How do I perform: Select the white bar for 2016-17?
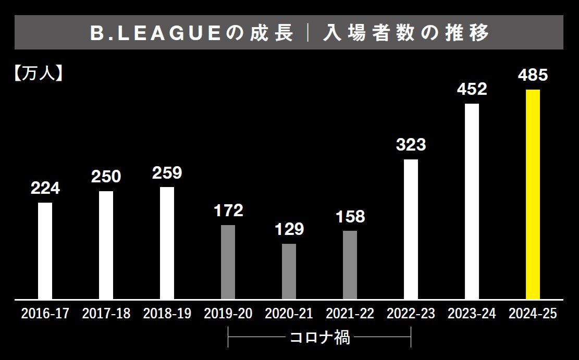coord(45,251)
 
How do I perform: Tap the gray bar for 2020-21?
coord(289,271)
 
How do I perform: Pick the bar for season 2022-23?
coord(411,229)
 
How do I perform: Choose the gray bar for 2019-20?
coord(228,262)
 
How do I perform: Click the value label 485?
coord(533,76)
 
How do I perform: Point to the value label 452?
coord(472,90)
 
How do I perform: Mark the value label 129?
coord(289,229)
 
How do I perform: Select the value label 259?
coord(167,173)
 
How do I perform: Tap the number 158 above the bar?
coord(350,217)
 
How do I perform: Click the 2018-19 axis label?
coord(167,314)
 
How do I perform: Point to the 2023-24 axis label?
coord(472,314)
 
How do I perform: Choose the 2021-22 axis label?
coord(350,314)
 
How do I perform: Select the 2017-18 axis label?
coord(106,314)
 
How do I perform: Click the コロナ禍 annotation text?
coord(319,339)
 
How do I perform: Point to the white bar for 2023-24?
coord(472,201)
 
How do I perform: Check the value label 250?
coord(106,177)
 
